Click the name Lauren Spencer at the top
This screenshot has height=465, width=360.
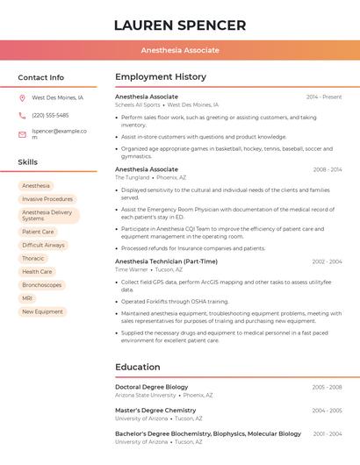180,25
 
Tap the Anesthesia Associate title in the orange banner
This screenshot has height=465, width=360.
180,50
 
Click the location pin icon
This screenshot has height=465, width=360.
22,97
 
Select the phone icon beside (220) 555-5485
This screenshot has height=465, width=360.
22,115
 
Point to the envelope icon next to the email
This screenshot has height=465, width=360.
22,134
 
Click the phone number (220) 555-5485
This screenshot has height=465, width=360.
50,115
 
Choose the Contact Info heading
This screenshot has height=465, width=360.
40,77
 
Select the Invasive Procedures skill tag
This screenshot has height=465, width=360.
47,199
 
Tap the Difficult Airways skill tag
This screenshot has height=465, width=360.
43,245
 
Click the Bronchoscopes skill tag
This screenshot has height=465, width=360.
41,285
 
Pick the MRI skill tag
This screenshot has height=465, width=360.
27,298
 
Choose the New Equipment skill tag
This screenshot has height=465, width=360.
42,311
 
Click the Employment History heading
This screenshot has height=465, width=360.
161,77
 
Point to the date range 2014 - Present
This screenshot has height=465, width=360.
324,97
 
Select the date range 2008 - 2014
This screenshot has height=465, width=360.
327,169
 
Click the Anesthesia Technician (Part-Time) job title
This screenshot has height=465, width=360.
166,261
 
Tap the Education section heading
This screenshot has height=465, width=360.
138,367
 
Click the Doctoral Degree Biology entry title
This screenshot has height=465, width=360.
151,387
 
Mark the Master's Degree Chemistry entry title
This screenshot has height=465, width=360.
155,411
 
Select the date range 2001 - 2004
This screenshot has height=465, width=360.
327,434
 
